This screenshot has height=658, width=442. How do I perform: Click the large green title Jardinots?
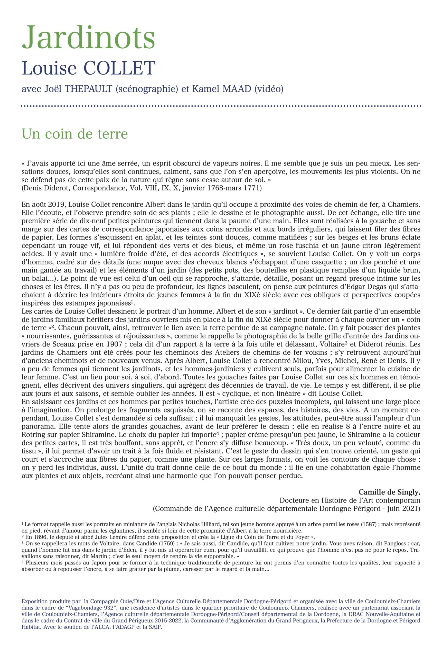88,37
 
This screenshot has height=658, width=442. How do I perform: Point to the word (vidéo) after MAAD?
269,89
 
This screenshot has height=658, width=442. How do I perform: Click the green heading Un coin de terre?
75,134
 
